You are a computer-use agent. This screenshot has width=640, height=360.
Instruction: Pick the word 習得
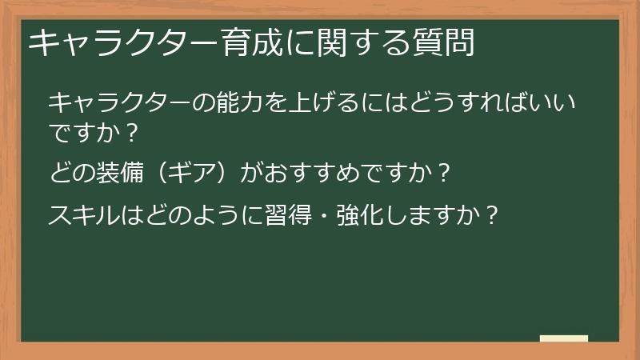(298, 214)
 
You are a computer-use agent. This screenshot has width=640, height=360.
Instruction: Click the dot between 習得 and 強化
(331, 214)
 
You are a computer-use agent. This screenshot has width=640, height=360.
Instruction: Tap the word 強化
(365, 214)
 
